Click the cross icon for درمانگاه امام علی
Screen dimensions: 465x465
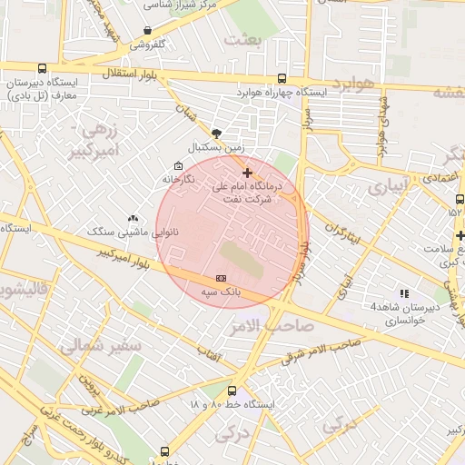point(247,172)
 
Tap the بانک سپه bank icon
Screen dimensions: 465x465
point(221,278)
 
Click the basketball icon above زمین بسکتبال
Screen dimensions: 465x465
point(215,133)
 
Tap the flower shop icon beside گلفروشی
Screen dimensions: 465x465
point(148,30)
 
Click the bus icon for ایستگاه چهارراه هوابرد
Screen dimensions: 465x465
point(282,79)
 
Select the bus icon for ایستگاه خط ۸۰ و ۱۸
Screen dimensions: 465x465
point(232,391)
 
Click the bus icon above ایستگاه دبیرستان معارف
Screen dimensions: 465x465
point(43,68)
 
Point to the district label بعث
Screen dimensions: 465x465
point(246,39)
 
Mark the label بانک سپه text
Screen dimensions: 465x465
point(221,292)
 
